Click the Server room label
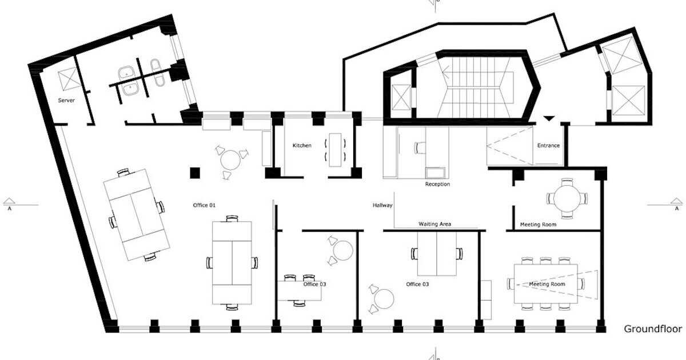click(x=67, y=100)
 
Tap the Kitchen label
click(x=302, y=146)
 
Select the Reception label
click(x=437, y=185)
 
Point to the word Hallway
click(x=382, y=205)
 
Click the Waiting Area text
click(x=434, y=224)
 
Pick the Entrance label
click(x=548, y=146)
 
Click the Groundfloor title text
click(x=652, y=329)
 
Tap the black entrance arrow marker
click(x=549, y=119)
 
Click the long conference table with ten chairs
click(x=545, y=284)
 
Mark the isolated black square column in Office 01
click(x=195, y=172)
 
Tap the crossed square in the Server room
click(x=69, y=79)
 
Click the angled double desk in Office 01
click(x=136, y=214)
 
